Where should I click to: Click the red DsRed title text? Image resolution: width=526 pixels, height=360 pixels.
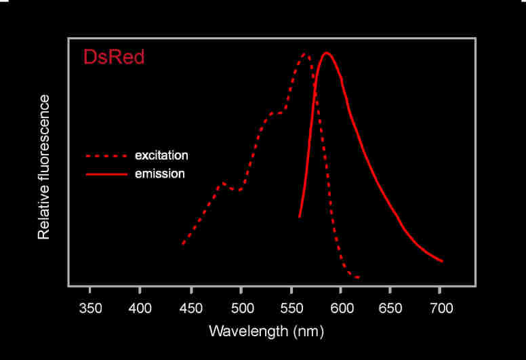coord(114,57)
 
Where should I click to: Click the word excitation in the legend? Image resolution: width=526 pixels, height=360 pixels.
coord(161,155)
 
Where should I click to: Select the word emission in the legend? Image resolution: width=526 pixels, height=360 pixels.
coord(159,174)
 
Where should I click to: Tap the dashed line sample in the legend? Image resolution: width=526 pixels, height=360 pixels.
coord(106,156)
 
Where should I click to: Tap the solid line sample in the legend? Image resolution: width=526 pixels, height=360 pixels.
coord(106,174)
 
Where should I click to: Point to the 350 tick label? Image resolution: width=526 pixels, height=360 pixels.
coord(90,308)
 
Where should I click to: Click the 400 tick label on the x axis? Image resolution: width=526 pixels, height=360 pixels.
coord(140,308)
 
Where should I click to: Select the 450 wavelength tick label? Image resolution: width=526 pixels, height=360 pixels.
coord(191,308)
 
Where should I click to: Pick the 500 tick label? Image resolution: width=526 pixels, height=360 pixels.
coord(241,308)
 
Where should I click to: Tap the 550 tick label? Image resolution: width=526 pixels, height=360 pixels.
coord(291,308)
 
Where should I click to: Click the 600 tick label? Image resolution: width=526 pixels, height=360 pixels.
coord(341,308)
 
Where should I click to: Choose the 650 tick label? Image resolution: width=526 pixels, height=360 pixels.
coord(390,308)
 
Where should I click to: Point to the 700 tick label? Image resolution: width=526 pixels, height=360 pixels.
coord(441,308)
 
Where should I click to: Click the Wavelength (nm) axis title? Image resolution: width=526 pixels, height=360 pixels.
coord(266,332)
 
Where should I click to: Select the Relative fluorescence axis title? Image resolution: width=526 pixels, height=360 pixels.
coord(44,167)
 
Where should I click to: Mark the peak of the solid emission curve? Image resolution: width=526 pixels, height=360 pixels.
coord(327,52)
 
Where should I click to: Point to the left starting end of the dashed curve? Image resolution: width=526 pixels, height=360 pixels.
coord(183,243)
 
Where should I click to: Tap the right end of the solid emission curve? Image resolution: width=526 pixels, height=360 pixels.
coord(443,261)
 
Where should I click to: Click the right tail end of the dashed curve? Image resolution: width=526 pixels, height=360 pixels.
coord(359,277)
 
